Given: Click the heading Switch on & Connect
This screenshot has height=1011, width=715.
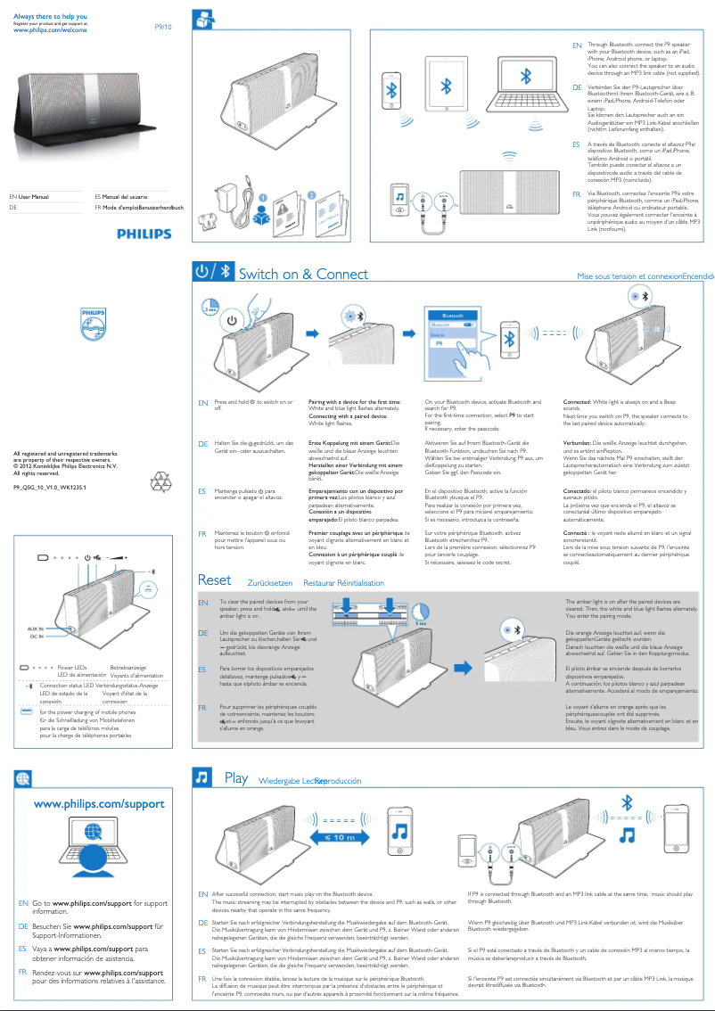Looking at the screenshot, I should point(303,275).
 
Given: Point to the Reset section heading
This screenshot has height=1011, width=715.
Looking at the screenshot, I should point(214,580).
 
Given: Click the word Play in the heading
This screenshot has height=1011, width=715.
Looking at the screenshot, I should point(236,778).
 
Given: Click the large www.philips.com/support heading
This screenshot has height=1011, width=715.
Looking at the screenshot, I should point(99,803).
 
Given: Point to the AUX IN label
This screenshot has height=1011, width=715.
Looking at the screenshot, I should point(35,629).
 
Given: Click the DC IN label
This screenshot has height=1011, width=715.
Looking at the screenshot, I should point(36,637).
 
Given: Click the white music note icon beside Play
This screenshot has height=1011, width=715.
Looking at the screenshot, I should point(202,778).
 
